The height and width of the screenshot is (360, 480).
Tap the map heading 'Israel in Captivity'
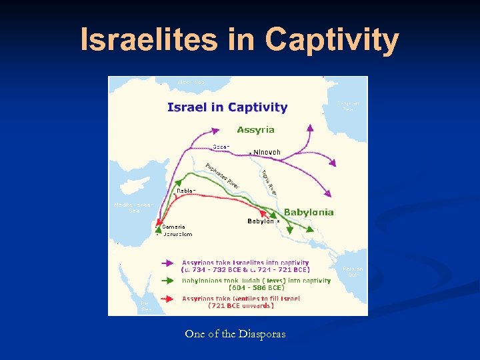tap(227, 107)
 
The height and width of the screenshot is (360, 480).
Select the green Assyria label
tap(255, 129)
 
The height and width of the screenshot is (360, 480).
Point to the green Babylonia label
tap(309, 212)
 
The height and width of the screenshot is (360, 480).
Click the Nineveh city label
tap(267, 153)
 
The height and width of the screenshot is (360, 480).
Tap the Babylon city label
tap(261, 221)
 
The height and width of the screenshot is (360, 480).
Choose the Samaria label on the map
tap(173, 227)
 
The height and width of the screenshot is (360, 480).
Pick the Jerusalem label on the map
tap(177, 234)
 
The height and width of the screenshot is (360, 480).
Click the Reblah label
tap(185, 191)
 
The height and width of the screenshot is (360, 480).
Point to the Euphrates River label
tap(223, 175)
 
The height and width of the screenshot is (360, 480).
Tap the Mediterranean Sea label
tap(133, 207)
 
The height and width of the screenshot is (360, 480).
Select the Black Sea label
tap(191, 82)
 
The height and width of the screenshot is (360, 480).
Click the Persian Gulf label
tap(353, 272)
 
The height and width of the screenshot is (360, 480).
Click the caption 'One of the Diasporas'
tap(235, 334)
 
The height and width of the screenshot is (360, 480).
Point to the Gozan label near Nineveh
tap(221, 146)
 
